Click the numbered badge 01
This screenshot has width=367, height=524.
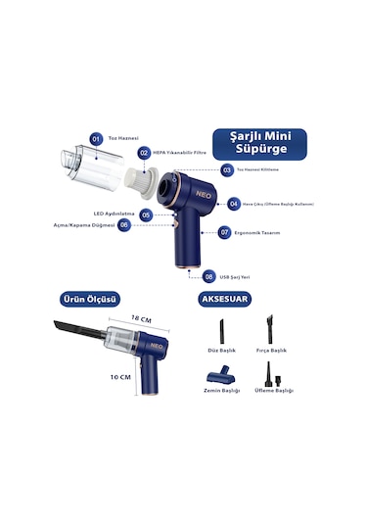96,140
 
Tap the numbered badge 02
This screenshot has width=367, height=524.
144,152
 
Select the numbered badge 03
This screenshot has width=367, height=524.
226,169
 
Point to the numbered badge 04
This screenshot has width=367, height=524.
234,204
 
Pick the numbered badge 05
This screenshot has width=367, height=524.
146,214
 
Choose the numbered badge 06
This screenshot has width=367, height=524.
123,225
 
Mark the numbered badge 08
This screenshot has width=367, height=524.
208,277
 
